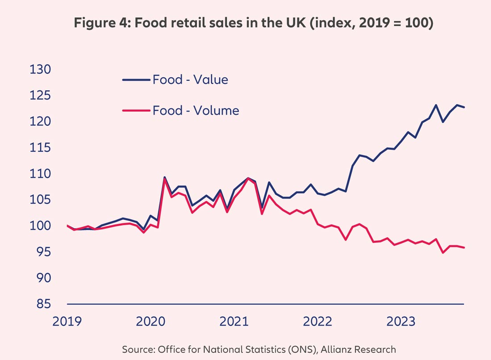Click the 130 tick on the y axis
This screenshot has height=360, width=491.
40,70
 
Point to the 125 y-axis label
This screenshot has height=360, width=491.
40,96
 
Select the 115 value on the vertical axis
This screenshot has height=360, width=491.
40,148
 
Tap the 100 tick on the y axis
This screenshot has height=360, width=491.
40,226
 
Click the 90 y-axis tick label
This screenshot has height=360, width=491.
40,278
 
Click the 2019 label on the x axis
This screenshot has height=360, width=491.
67,322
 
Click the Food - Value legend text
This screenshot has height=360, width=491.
190,80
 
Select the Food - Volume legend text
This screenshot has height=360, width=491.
196,110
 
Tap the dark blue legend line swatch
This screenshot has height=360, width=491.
136,80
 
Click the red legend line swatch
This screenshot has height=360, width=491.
136,110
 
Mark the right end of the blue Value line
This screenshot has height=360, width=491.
464,107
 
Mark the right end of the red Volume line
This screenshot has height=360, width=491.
464,247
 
